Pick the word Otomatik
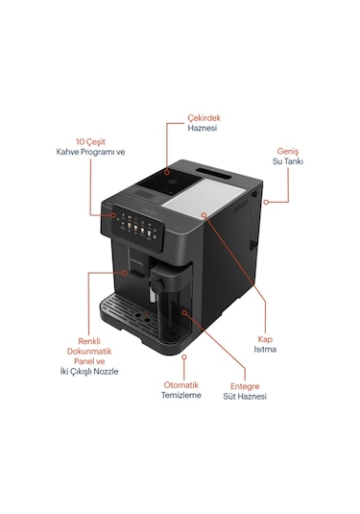[180, 384]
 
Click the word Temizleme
[180, 396]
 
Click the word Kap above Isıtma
[266, 337]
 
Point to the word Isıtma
[266, 349]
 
